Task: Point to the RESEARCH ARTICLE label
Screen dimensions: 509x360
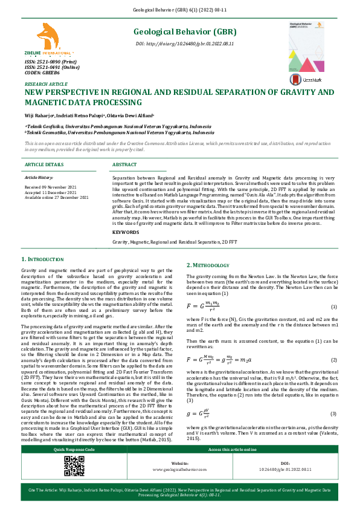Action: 46,84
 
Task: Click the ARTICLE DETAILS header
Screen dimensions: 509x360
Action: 43,164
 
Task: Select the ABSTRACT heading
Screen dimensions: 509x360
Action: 124,164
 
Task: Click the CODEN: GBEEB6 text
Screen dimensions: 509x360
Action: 42,73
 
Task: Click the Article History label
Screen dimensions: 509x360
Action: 39,178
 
